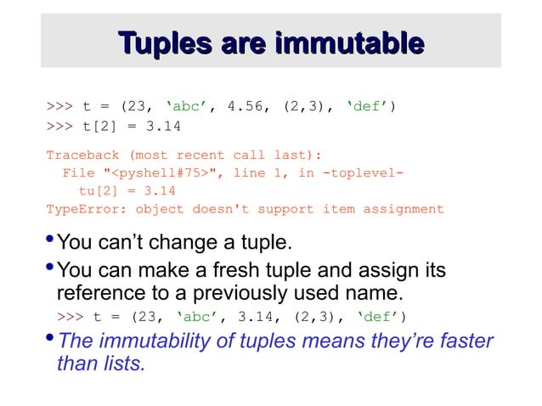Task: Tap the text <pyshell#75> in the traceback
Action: click(x=167, y=173)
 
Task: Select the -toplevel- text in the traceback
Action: click(x=359, y=173)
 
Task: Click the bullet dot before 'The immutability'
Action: click(x=50, y=338)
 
